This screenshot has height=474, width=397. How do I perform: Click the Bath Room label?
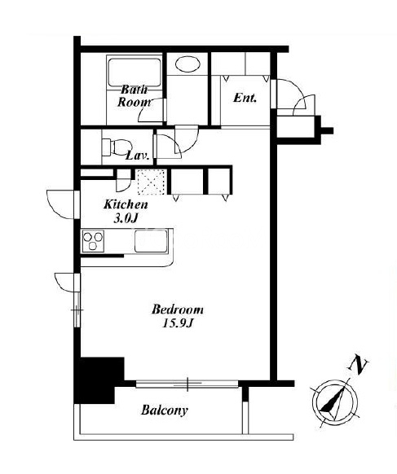coord(134,96)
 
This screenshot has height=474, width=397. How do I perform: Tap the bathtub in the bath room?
coord(135,72)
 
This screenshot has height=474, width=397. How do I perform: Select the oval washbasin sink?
coord(188,64)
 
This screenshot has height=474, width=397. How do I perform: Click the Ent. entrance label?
coord(245,98)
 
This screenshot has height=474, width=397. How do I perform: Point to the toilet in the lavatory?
coord(116,147)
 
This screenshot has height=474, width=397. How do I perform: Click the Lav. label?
coord(138,156)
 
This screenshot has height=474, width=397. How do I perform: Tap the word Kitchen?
coord(126,204)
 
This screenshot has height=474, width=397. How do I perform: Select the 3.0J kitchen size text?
coord(126,218)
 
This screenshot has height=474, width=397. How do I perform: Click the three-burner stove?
coord(93,240)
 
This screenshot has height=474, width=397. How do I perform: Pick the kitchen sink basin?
coord(151,241)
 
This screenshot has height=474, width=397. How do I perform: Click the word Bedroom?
coord(178,309)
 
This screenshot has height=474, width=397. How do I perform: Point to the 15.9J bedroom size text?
coord(178,324)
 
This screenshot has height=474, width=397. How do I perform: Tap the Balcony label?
coord(165,410)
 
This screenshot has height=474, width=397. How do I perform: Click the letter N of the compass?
coord(359,366)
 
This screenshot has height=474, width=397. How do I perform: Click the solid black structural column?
coord(99,380)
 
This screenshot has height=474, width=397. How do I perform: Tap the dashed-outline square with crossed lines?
coord(152,182)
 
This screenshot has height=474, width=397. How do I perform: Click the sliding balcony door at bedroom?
coord(187,384)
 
